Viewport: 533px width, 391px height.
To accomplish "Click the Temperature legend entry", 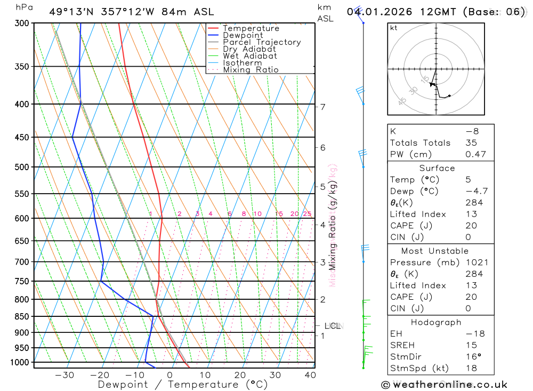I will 251,28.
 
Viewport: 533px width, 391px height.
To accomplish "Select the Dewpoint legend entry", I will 243,35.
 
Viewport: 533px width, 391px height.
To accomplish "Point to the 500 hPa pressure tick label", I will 22,167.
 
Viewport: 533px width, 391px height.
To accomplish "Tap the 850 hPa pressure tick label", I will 22,316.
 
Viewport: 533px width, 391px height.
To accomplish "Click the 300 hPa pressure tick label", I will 22,23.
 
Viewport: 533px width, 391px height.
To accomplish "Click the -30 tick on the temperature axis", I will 64,375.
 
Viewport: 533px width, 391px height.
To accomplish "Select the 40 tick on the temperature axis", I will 309,375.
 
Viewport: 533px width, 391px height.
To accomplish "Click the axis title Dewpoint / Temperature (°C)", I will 175,384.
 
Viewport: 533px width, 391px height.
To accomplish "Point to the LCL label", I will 333,326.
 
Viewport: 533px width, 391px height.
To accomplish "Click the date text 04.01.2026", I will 374,12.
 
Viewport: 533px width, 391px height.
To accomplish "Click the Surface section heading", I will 437,168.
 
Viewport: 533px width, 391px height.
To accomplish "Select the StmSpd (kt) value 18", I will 471,368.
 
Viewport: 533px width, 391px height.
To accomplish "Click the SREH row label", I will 403,345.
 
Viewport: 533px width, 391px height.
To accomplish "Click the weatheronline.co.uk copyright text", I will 444,385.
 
